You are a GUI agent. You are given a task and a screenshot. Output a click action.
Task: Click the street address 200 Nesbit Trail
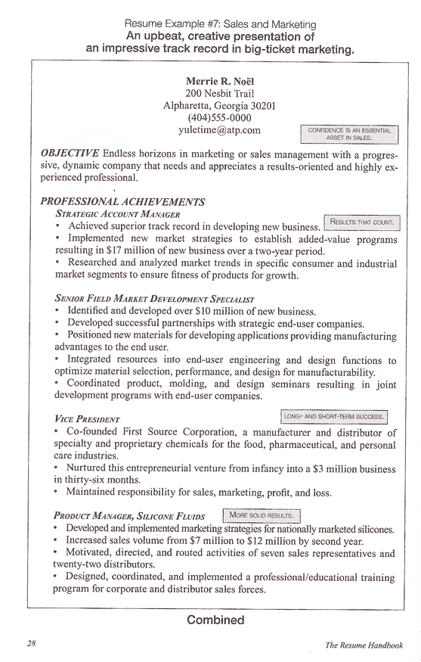tap(219, 93)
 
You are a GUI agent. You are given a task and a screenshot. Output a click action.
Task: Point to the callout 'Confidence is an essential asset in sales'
tap(349, 134)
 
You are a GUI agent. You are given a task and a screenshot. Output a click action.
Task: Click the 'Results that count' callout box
tap(361, 222)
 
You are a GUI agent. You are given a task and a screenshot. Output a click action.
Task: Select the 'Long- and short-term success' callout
tap(334, 417)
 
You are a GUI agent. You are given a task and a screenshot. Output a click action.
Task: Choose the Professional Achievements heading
tap(122, 202)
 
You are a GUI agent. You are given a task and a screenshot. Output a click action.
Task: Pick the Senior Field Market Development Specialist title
tap(154, 299)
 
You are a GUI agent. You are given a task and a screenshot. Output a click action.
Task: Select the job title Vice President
tap(87, 419)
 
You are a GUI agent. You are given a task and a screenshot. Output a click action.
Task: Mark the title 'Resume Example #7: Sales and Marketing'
tap(219, 25)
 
